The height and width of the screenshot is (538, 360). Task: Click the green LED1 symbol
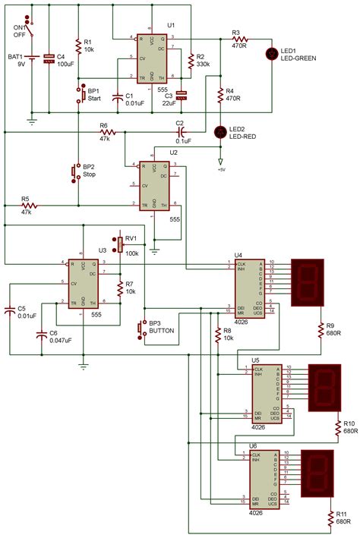click(x=272, y=53)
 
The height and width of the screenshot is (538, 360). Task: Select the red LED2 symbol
click(x=220, y=132)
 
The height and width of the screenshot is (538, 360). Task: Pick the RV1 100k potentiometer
click(x=120, y=244)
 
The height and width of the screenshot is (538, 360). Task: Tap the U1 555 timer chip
click(x=153, y=57)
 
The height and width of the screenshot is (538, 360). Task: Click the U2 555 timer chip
click(x=154, y=186)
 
